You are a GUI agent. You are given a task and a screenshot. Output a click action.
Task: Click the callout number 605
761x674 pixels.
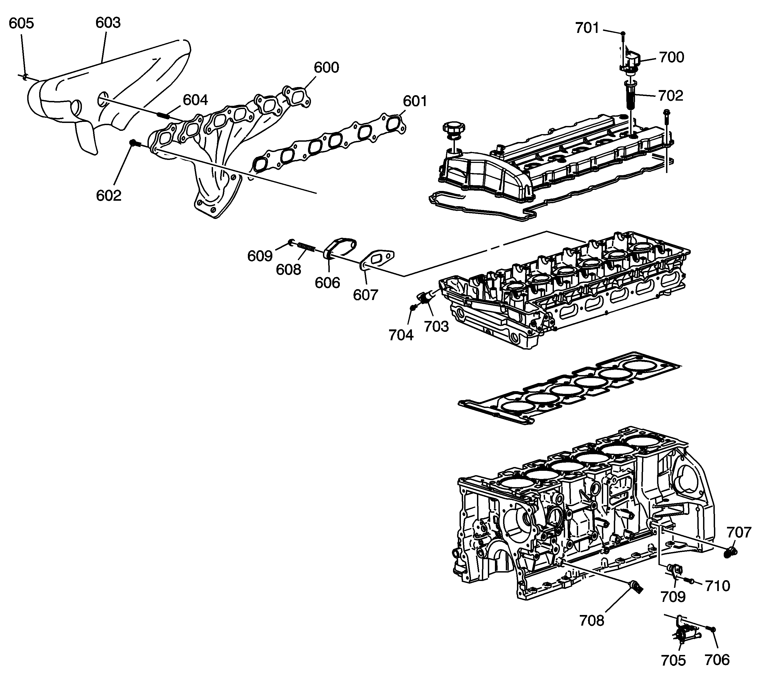pos(21,23)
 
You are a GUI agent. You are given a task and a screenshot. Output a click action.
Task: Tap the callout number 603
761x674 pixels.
pos(108,23)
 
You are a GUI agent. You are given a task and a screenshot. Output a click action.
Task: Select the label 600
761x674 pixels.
pos(326,67)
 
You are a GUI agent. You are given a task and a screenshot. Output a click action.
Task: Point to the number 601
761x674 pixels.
pos(415,101)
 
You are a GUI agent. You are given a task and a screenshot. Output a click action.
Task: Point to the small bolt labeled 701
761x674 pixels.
pos(623,34)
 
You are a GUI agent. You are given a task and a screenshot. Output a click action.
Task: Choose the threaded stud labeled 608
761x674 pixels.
pos(307,246)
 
